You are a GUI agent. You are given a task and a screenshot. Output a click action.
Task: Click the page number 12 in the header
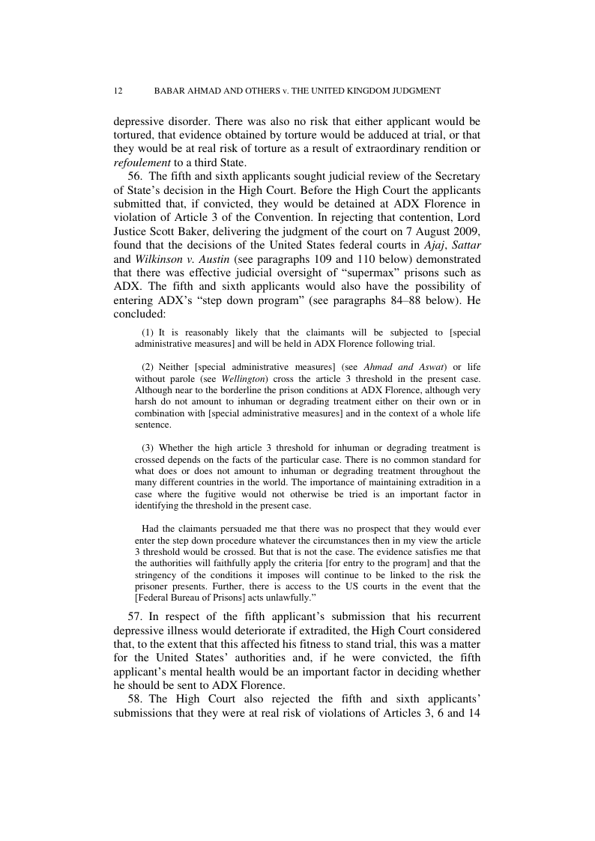pyautogui.click(x=118, y=91)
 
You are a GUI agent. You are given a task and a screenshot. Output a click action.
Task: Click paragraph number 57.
pyautogui.click(x=135, y=616)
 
